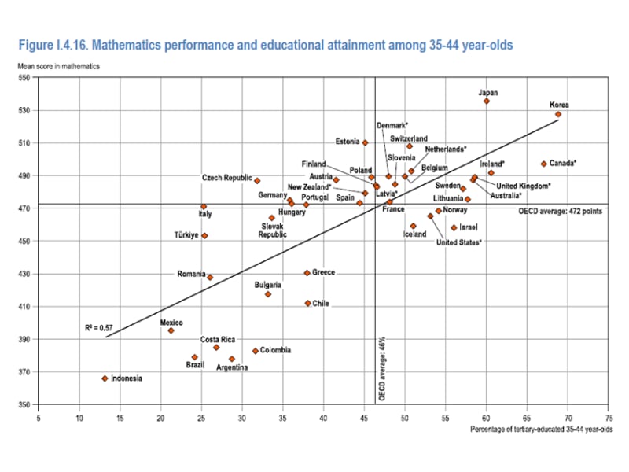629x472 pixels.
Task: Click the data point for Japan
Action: click(x=487, y=101)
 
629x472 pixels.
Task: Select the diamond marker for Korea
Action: click(x=558, y=114)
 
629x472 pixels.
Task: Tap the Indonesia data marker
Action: click(x=105, y=378)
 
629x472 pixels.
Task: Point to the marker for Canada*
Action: click(x=543, y=164)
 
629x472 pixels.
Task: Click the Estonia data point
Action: click(x=365, y=142)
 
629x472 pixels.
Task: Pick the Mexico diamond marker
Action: click(x=171, y=330)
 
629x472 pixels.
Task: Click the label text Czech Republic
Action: click(x=226, y=178)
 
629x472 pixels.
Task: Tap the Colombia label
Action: click(x=276, y=350)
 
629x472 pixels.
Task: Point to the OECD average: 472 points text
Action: click(x=560, y=211)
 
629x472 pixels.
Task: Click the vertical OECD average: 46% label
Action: click(x=382, y=371)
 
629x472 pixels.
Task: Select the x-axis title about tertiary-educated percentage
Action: click(x=541, y=430)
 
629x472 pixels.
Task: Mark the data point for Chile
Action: click(x=307, y=303)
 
